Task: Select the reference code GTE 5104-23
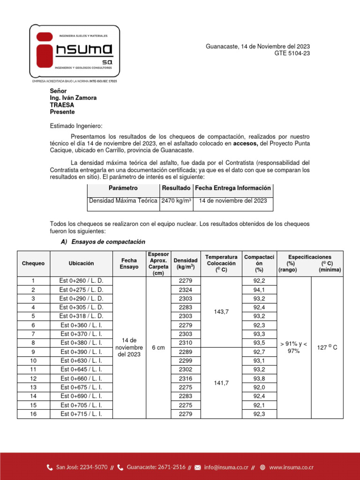click(292, 53)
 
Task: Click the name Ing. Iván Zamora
click(73, 98)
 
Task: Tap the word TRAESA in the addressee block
click(62, 105)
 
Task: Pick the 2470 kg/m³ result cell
click(176, 201)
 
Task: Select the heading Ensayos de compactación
click(107, 242)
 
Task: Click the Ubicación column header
click(81, 263)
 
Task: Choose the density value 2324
click(185, 290)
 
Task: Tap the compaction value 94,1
click(259, 290)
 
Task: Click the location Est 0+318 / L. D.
click(81, 316)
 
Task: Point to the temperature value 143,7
click(221, 312)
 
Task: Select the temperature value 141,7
click(221, 383)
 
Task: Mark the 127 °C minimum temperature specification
click(327, 348)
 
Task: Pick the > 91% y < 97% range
click(293, 348)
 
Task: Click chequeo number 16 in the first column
click(33, 414)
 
